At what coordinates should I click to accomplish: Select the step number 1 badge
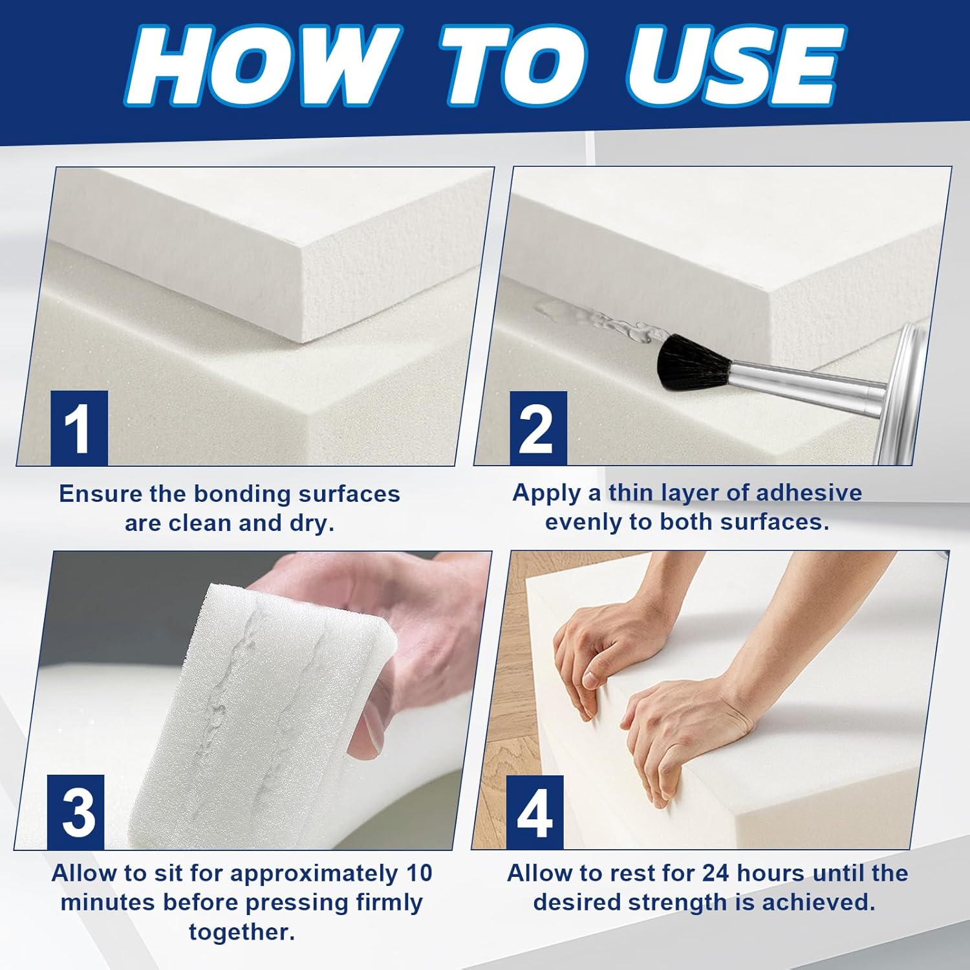79,428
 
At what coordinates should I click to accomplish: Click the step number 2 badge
538,428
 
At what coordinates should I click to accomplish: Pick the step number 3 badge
76,812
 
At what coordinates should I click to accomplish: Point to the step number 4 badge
534,813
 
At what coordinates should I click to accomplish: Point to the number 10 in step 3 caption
420,873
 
